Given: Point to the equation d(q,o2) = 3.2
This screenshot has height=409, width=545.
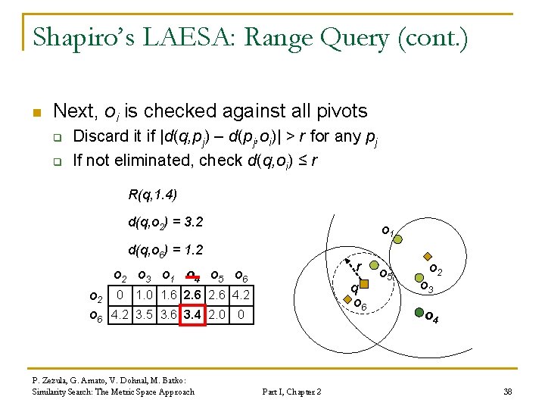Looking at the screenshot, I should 165,223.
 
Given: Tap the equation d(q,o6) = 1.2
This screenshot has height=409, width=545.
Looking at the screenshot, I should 165,249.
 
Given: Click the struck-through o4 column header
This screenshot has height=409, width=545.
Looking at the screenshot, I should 192,276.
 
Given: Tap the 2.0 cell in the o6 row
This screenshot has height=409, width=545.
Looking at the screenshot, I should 216,314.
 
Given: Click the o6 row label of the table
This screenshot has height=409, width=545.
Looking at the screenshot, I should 97,314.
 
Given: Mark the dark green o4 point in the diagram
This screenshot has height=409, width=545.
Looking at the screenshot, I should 418,312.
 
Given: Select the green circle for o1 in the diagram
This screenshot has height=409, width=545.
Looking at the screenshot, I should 398,239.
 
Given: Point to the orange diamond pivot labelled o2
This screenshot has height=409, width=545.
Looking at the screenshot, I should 427,257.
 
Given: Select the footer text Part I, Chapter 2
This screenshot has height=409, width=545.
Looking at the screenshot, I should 291,392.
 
